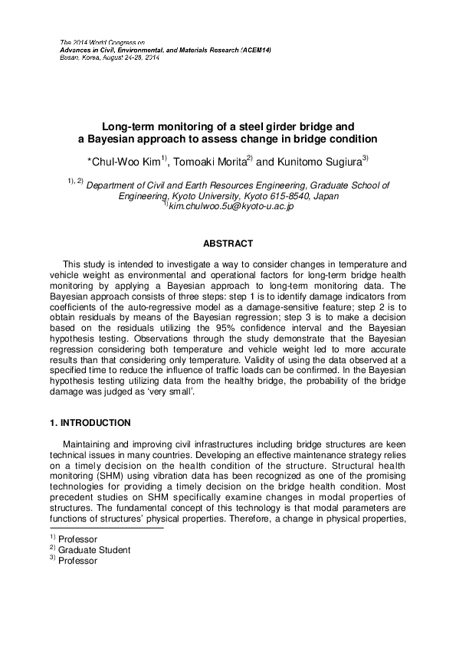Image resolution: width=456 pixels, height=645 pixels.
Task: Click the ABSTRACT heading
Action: click(x=227, y=244)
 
